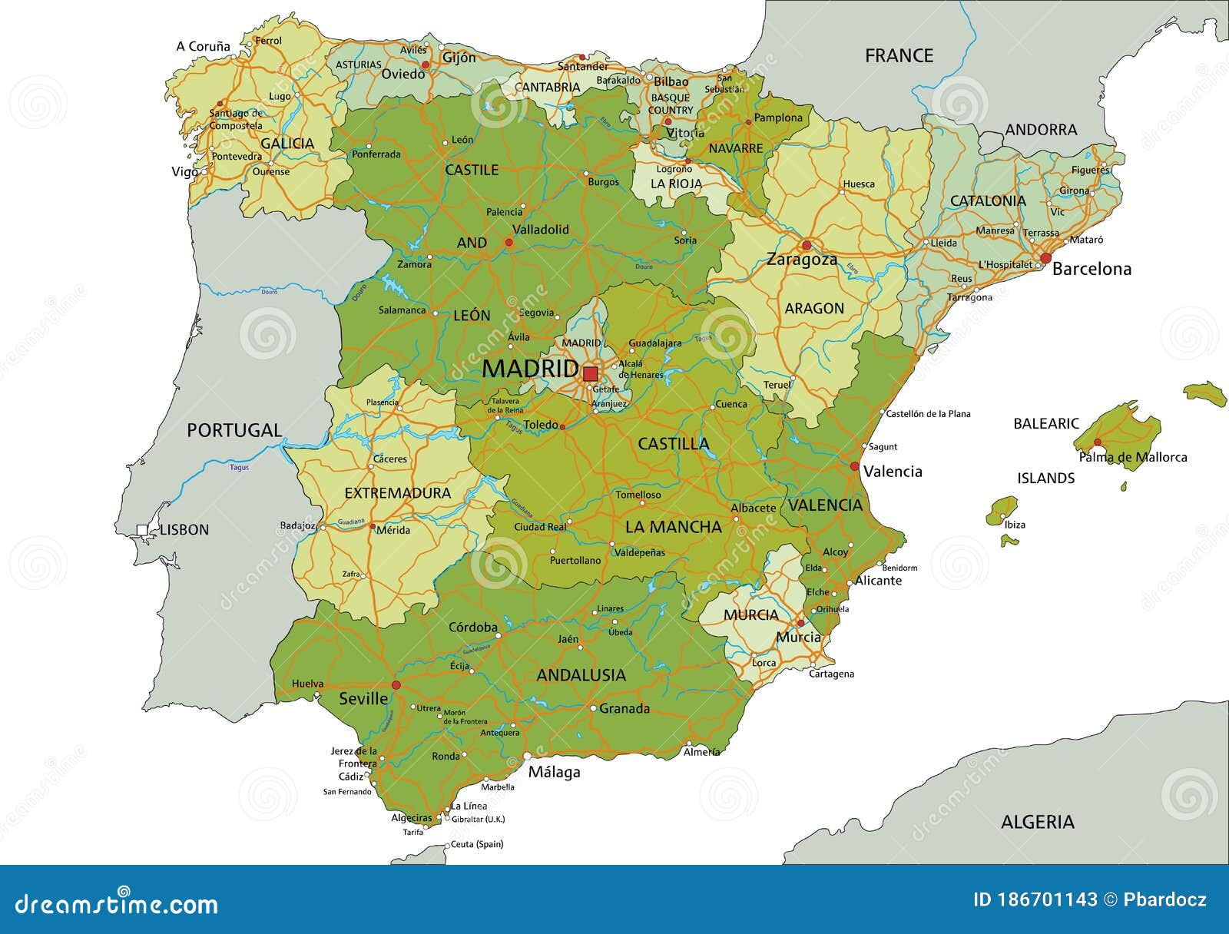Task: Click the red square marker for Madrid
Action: pyautogui.click(x=590, y=374)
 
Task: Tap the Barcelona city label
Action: pyautogui.click(x=1092, y=269)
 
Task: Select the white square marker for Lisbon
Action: pyautogui.click(x=142, y=529)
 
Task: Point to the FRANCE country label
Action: pyautogui.click(x=899, y=55)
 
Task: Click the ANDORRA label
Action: pyautogui.click(x=1041, y=130)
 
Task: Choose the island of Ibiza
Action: pyautogui.click(x=1002, y=511)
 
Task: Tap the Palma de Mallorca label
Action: pyautogui.click(x=1133, y=457)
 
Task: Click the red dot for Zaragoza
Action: pyautogui.click(x=806, y=246)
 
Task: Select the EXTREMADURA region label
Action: pyautogui.click(x=397, y=493)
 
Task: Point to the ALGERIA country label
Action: pyautogui.click(x=1037, y=822)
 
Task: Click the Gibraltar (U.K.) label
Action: pyautogui.click(x=478, y=819)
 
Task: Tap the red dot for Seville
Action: pyautogui.click(x=396, y=684)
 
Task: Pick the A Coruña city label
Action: pyautogui.click(x=203, y=46)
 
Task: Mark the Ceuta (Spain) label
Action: pyautogui.click(x=476, y=844)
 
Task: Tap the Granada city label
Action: pyautogui.click(x=624, y=709)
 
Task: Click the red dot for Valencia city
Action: pyautogui.click(x=854, y=466)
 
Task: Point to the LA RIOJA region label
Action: pyautogui.click(x=676, y=184)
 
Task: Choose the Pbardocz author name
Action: pyautogui.click(x=1164, y=899)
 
